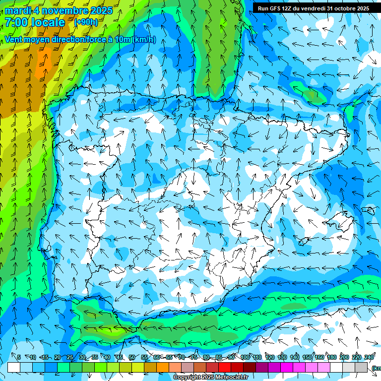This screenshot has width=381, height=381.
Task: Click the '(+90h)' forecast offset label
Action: [x=86, y=22]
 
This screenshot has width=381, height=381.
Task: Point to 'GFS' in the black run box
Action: [x=277, y=8]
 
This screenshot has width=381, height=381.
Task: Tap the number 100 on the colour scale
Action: [x=245, y=357]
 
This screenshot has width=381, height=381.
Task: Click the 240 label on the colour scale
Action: [x=369, y=357]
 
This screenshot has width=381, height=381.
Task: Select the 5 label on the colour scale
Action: [x=19, y=357]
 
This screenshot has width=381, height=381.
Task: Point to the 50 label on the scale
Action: [x=131, y=357]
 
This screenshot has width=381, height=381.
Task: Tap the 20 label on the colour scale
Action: [x=57, y=357]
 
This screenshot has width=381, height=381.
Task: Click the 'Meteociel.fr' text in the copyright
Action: [x=228, y=378]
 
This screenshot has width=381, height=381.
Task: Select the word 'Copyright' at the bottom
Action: [x=188, y=378]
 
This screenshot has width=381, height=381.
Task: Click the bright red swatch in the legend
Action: [x=225, y=367]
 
